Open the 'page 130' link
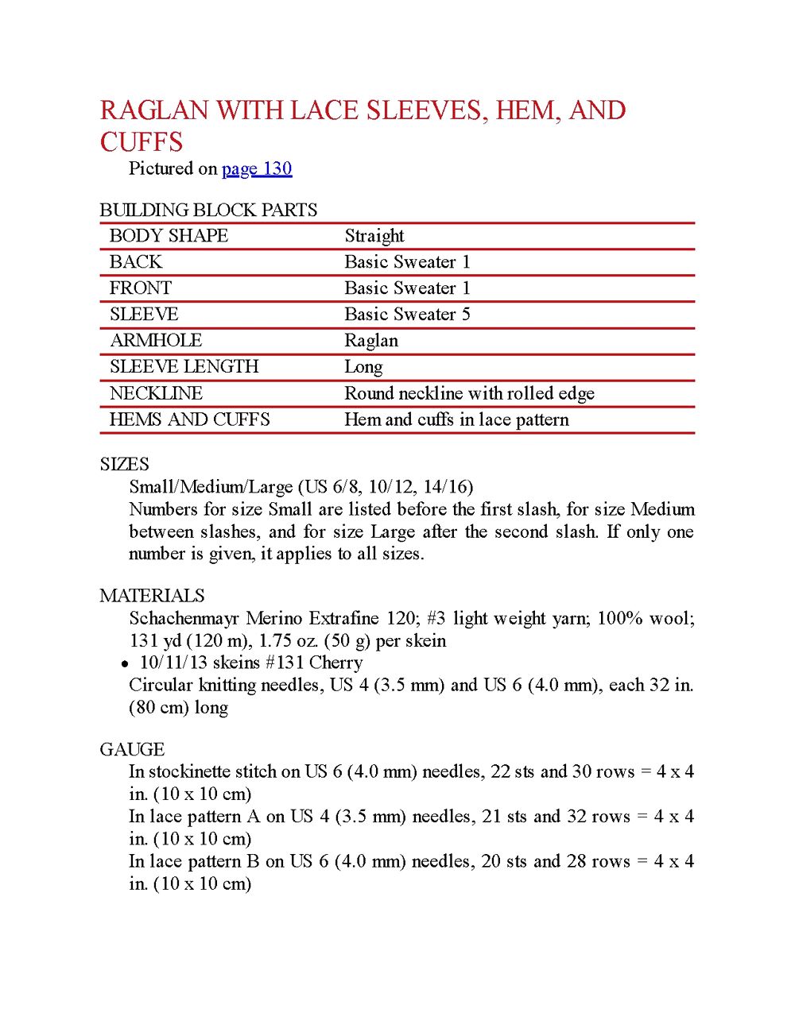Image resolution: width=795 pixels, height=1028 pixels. point(257,168)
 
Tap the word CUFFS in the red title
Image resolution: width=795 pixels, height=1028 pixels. point(142,142)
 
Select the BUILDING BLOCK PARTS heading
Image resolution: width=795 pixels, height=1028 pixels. point(208,210)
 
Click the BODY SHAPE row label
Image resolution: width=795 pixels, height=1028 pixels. point(169,236)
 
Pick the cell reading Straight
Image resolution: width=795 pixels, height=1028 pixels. point(374,236)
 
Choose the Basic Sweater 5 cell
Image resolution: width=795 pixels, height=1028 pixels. point(407,315)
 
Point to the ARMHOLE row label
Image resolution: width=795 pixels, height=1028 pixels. point(156,341)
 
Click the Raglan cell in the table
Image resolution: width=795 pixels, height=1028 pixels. point(371,341)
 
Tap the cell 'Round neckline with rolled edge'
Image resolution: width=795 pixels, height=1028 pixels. point(469,393)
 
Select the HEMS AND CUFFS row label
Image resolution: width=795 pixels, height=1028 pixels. point(189,419)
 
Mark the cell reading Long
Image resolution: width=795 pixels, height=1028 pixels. point(363,367)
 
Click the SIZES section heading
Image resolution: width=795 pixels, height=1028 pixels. point(124,464)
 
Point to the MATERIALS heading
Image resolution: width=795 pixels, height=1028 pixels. point(152,596)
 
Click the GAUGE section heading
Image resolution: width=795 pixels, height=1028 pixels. point(132,749)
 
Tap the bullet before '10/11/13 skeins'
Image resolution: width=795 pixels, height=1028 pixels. point(125,663)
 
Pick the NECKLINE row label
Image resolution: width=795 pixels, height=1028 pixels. point(156,393)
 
